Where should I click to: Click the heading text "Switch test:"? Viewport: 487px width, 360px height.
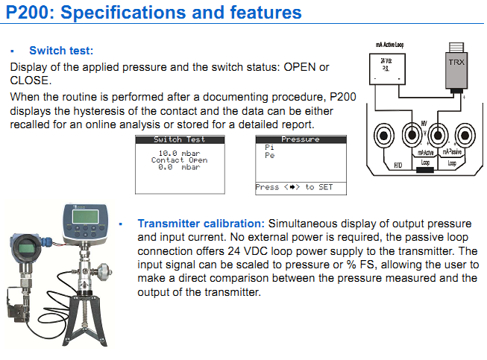tap(61, 51)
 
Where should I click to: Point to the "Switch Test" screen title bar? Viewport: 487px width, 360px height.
tap(179, 139)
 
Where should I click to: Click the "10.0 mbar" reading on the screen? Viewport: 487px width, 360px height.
tap(179, 153)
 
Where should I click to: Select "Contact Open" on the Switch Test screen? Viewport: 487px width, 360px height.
tap(179, 160)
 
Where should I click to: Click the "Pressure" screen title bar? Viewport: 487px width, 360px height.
tap(301, 139)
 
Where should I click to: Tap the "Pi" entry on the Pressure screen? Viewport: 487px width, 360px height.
tap(269, 148)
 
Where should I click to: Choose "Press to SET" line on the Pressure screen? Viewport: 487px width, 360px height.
tap(295, 187)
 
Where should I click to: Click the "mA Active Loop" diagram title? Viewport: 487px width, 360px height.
tap(389, 45)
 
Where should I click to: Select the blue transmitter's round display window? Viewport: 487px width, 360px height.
tap(26, 248)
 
